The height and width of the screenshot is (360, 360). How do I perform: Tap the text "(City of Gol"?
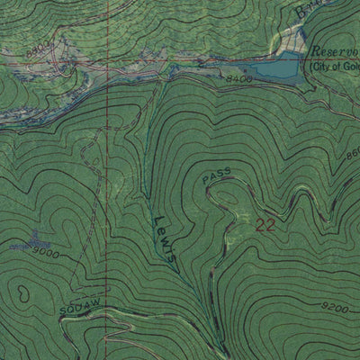334,67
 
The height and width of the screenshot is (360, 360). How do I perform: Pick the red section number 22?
265,226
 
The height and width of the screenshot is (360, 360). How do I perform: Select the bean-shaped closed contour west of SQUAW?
20,293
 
